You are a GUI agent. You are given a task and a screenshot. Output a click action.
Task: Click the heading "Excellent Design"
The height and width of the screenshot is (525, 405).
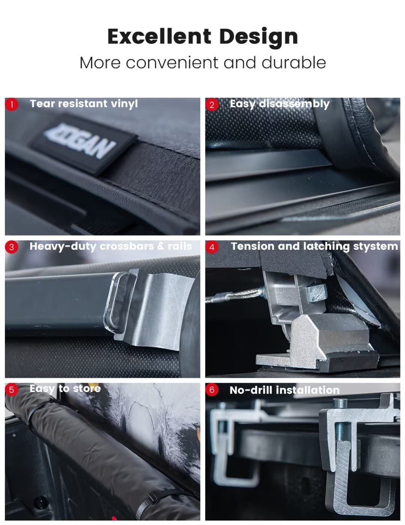tap(202, 37)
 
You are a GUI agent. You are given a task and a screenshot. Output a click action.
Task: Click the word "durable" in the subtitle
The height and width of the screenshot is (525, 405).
tap(294, 63)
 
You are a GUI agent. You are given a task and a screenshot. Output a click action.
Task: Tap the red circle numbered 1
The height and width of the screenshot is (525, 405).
tap(12, 104)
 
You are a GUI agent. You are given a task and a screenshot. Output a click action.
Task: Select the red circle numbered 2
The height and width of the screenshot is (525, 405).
tap(212, 104)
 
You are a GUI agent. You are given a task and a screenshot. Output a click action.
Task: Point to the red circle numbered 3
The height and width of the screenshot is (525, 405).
tap(12, 247)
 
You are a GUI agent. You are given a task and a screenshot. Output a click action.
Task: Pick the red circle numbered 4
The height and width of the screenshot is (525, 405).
tap(212, 247)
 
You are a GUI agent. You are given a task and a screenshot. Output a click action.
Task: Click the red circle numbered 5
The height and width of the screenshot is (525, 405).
tap(12, 390)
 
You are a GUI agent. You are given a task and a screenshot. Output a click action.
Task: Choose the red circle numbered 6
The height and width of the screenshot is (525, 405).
tap(212, 390)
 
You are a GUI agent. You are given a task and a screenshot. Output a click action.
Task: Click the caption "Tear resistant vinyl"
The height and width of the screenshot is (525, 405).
tap(84, 104)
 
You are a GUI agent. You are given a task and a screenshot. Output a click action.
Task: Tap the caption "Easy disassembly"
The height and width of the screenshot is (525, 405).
tap(279, 104)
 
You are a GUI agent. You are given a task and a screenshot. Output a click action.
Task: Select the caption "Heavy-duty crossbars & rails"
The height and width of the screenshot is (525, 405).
tap(111, 246)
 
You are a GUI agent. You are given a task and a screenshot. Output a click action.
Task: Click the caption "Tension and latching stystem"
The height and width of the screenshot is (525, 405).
tap(314, 246)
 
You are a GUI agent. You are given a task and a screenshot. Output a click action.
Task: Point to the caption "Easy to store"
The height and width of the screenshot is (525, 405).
tap(65, 389)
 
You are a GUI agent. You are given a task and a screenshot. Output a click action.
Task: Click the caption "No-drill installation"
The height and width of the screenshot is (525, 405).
tap(284, 390)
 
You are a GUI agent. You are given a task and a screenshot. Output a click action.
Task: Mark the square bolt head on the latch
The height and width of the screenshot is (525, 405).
tap(315, 292)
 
